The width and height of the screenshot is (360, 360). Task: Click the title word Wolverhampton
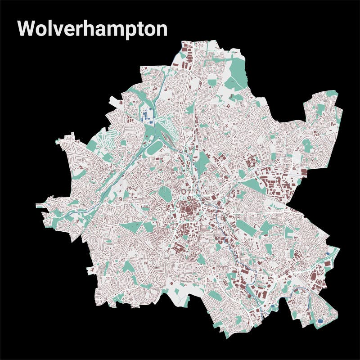pyautogui.click(x=92, y=28)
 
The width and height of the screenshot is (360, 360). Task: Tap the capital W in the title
pyautogui.click(x=26, y=28)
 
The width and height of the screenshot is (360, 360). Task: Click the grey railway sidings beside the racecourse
pyautogui.click(x=167, y=135)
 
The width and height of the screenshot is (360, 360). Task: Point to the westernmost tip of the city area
pyautogui.click(x=37, y=206)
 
